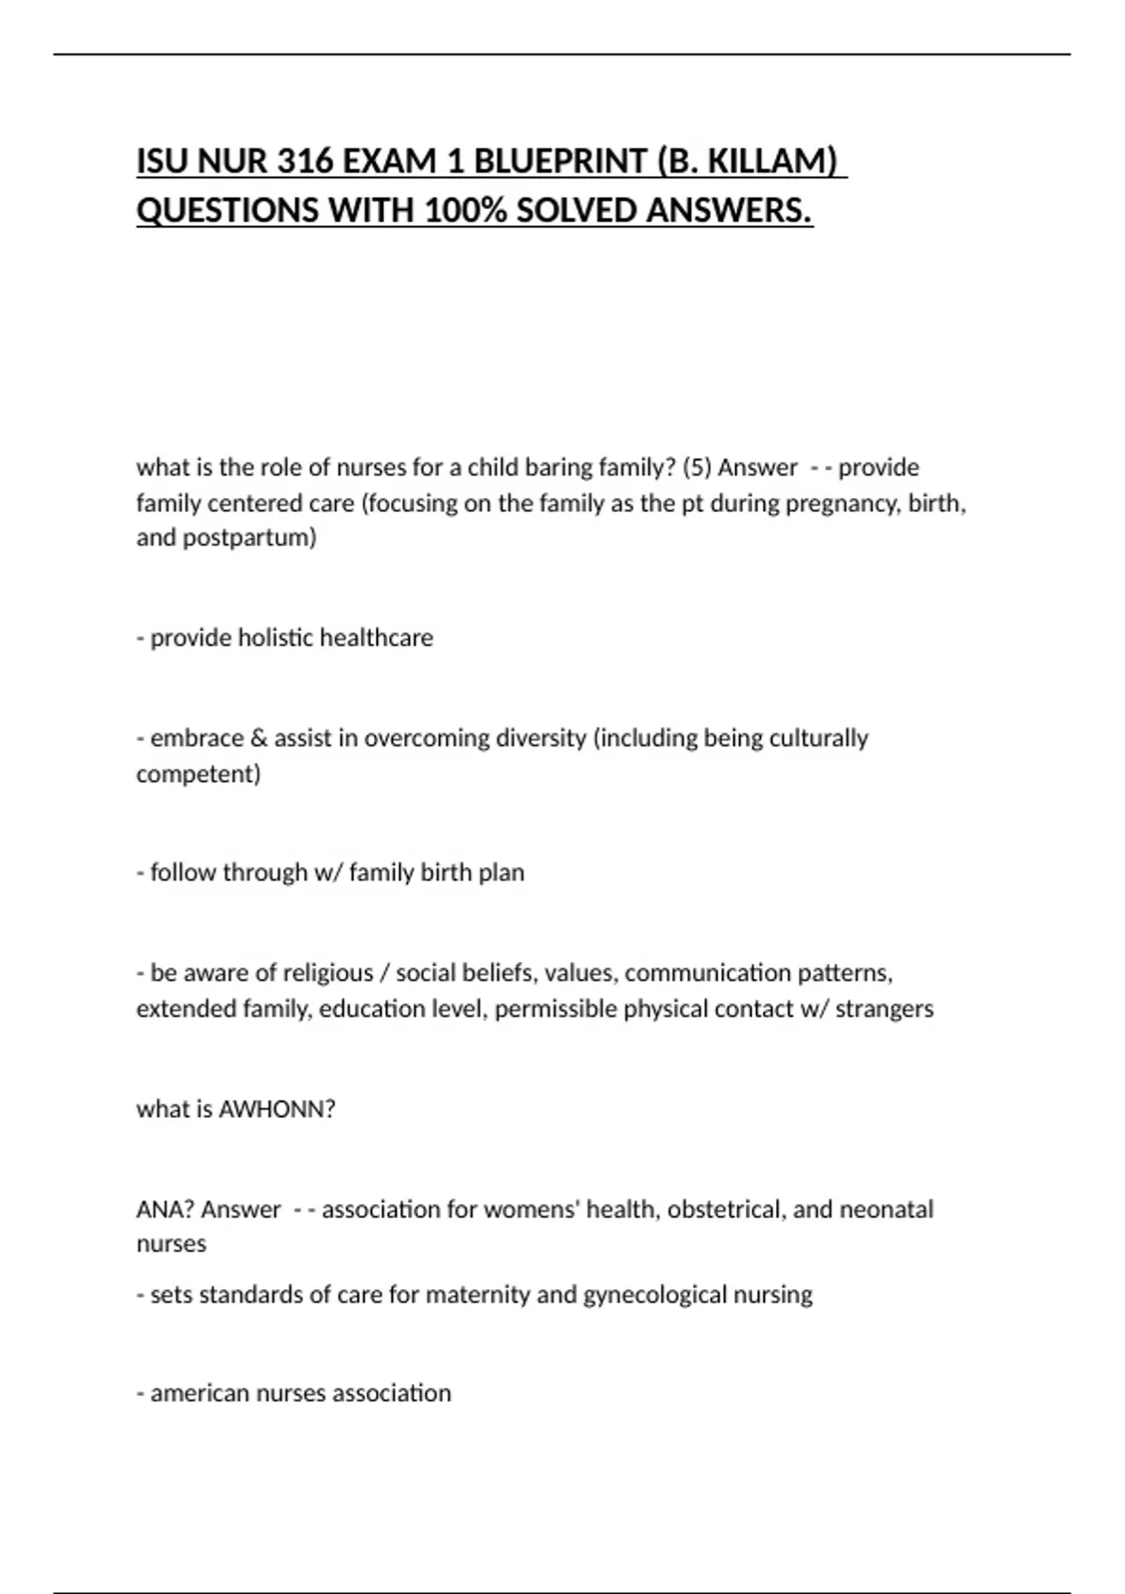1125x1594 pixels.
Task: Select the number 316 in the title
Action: point(305,162)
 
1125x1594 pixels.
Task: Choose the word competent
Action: point(198,774)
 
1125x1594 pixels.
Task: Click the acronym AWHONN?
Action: point(277,1109)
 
